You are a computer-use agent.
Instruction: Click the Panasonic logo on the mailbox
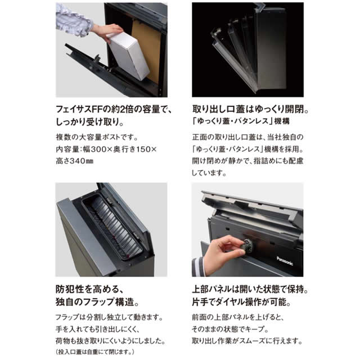click(x=285, y=261)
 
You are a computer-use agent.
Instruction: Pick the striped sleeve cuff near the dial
click(x=198, y=266)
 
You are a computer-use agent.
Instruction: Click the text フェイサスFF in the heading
click(x=79, y=109)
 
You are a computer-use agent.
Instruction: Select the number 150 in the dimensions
click(x=144, y=150)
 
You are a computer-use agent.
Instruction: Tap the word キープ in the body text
click(x=254, y=329)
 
